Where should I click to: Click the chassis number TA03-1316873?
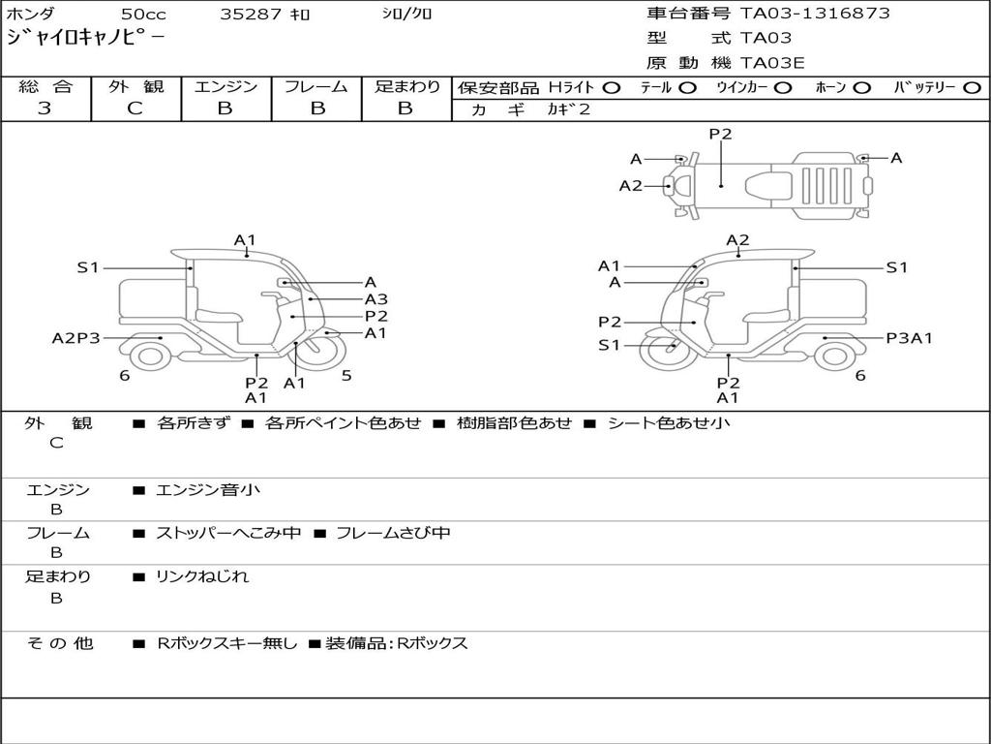tap(815, 14)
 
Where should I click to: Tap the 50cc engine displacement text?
tap(142, 15)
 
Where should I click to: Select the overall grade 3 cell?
tap(45, 108)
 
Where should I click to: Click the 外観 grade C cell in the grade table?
tap(135, 108)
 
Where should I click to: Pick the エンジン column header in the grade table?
tap(225, 86)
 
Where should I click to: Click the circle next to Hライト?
tap(612, 87)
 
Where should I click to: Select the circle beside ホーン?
tap(862, 87)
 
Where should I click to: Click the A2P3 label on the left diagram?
tap(75, 338)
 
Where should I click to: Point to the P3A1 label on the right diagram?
tap(910, 338)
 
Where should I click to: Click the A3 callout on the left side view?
tap(375, 299)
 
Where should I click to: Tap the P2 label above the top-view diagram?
tap(720, 134)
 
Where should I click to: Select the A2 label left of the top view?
tap(631, 185)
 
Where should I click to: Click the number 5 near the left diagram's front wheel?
tap(346, 376)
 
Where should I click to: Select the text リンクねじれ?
tap(202, 576)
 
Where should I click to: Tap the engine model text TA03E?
tap(772, 64)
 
